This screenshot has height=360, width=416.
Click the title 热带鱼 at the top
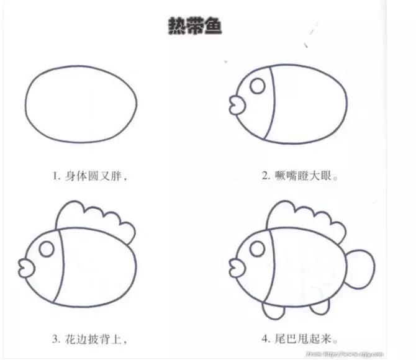pos(195,27)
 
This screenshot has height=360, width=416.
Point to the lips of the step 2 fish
pos(235,103)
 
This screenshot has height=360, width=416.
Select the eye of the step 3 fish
pos(46,250)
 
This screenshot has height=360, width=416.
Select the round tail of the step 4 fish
pos(360,266)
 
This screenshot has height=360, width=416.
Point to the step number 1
pos(55,176)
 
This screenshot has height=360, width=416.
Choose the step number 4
pos(265,340)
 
